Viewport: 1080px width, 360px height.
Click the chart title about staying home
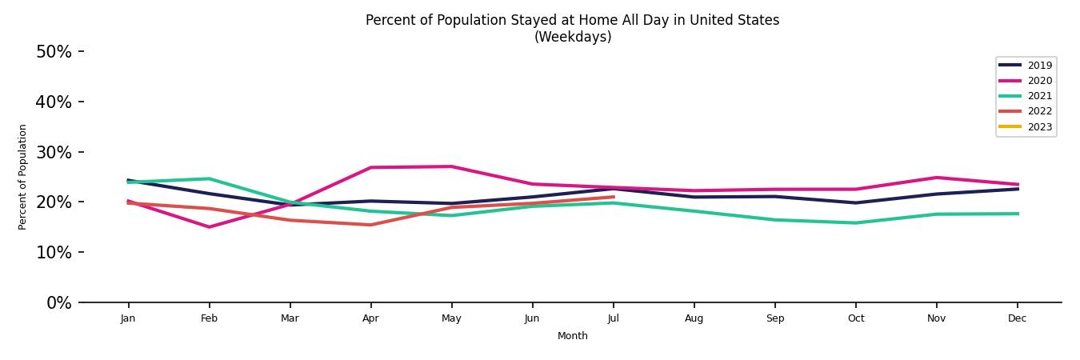coord(572,20)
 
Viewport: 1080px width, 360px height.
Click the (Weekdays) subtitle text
coord(572,37)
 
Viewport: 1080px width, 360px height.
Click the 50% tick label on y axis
coord(54,52)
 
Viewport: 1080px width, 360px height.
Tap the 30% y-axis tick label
coord(54,152)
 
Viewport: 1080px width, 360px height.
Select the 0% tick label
coord(58,303)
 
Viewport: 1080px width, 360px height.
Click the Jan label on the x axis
coord(128,318)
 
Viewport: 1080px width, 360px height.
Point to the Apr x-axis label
coord(370,318)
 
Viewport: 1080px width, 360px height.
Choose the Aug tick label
coord(694,318)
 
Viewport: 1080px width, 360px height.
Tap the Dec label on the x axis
coord(1017,318)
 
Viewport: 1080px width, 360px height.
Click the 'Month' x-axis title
coord(572,336)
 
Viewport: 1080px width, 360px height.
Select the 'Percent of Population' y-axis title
coord(23,177)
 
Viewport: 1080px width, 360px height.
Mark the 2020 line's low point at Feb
coord(209,227)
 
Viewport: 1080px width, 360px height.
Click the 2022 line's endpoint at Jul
coord(613,197)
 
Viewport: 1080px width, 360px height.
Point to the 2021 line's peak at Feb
coord(209,178)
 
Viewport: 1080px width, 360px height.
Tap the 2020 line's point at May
coord(451,166)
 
